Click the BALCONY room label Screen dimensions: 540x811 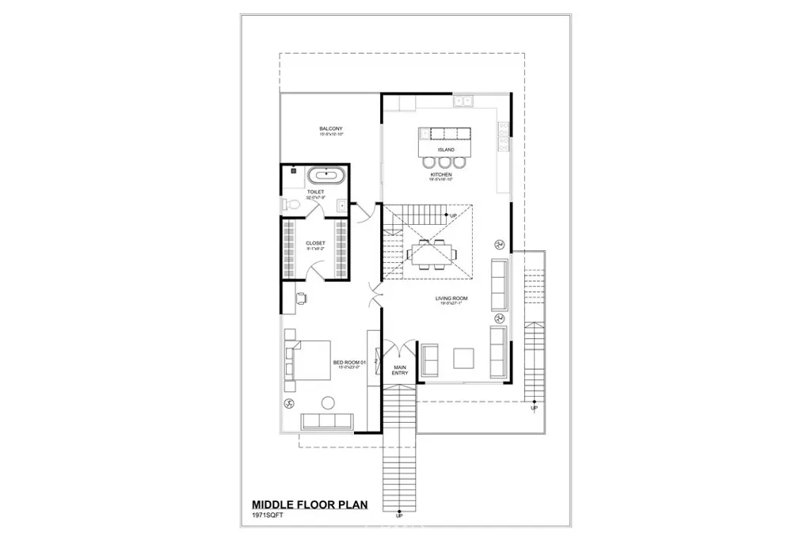coord(331,129)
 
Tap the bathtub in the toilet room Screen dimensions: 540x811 coord(326,177)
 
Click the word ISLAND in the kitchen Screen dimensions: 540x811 coord(446,149)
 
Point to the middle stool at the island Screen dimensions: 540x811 coord(446,163)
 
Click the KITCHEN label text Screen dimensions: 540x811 coord(441,174)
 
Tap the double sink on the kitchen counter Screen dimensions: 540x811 coord(463,101)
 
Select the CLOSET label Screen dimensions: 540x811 coord(315,243)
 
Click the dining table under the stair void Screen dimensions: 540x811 coord(432,253)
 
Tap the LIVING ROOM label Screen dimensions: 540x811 coord(451,299)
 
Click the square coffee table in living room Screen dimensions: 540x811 coord(464,359)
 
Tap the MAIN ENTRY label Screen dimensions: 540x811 coord(399,370)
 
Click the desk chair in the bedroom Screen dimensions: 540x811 coord(302,298)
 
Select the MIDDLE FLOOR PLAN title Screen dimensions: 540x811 coord(309,504)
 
